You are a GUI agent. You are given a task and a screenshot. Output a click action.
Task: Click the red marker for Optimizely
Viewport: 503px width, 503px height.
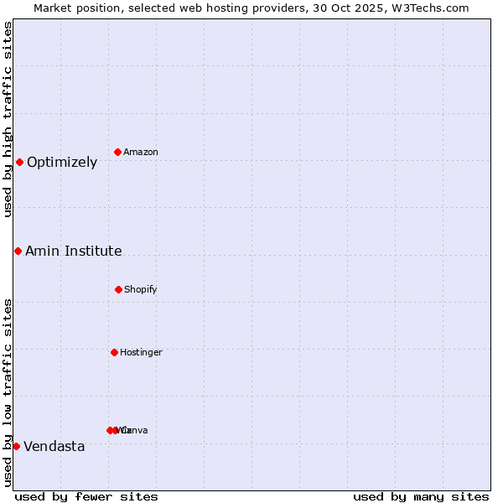click(19, 162)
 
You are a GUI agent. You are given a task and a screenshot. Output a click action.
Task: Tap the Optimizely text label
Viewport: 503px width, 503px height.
click(62, 163)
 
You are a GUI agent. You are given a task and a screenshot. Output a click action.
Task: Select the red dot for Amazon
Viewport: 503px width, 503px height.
click(118, 152)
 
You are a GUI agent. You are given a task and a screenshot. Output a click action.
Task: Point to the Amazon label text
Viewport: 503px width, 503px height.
click(141, 153)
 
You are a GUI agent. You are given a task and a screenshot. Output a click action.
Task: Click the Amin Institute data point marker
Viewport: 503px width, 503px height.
click(18, 251)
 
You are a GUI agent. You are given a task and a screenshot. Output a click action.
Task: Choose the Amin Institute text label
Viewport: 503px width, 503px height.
click(74, 251)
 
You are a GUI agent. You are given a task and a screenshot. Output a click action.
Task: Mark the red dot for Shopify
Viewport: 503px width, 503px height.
click(118, 289)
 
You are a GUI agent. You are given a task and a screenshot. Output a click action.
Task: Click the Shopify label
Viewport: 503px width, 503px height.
click(141, 290)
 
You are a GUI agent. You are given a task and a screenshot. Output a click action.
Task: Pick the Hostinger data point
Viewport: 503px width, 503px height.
click(114, 352)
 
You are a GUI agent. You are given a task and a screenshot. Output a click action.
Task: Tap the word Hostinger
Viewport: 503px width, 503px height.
click(141, 353)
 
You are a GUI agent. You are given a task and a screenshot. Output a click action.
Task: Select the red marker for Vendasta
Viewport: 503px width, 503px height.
click(16, 446)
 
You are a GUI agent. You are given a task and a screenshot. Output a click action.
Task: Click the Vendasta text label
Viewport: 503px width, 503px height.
click(54, 447)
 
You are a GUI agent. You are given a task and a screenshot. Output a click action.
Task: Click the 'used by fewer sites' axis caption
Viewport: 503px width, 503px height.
click(86, 496)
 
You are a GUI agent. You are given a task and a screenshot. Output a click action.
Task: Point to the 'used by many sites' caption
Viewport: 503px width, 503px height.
click(421, 496)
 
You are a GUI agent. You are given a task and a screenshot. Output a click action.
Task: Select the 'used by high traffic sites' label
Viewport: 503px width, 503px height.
click(8, 119)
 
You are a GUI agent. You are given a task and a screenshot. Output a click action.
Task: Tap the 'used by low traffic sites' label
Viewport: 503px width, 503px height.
click(8, 392)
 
